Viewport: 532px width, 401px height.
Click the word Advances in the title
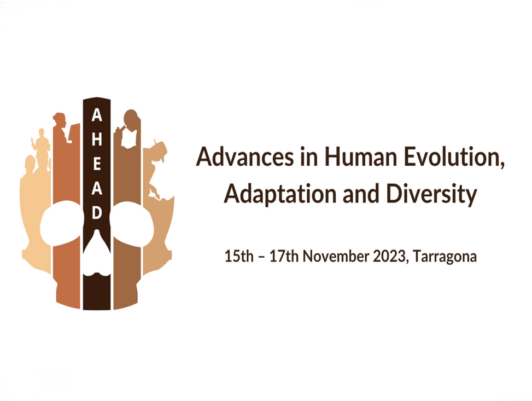click(x=244, y=157)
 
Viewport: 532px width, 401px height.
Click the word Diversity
click(x=431, y=194)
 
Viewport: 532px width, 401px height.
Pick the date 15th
click(x=239, y=255)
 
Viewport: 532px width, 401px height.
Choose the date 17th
click(x=284, y=255)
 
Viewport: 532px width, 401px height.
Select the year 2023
click(x=389, y=255)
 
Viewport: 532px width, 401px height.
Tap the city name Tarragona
click(x=445, y=257)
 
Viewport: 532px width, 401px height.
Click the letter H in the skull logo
click(x=97, y=139)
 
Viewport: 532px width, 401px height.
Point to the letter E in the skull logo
click(x=97, y=164)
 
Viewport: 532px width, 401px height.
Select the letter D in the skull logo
click(x=97, y=213)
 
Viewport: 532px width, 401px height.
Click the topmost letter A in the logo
click(x=97, y=115)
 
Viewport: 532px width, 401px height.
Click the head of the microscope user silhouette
click(x=131, y=118)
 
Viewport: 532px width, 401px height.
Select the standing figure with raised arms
click(x=41, y=148)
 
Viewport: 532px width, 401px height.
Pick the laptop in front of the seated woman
click(x=74, y=133)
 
